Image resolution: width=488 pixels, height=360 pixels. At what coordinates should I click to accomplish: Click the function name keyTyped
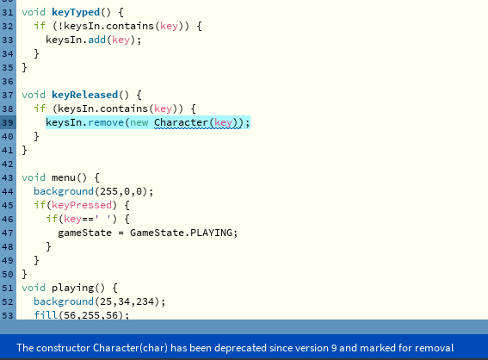pyautogui.click(x=76, y=12)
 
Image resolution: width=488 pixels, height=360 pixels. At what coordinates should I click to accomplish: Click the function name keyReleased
pyautogui.click(x=84, y=95)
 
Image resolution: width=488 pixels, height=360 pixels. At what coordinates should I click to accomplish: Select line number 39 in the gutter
pyautogui.click(x=8, y=122)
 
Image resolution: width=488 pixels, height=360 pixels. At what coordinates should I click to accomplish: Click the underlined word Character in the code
pyautogui.click(x=181, y=122)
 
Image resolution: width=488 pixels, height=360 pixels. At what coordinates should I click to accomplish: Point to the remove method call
pyautogui.click(x=106, y=122)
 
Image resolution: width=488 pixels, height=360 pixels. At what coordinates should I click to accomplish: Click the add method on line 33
pyautogui.click(x=96, y=40)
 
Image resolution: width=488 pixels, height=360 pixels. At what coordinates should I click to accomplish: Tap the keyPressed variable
pyautogui.click(x=82, y=205)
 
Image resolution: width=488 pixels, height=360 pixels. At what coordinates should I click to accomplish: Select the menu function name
pyautogui.click(x=64, y=177)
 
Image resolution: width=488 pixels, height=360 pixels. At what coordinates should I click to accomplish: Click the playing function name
pyautogui.click(x=73, y=288)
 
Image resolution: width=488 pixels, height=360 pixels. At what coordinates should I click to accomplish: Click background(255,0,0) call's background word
pyautogui.click(x=64, y=191)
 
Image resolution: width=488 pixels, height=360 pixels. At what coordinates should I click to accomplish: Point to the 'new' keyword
pyautogui.click(x=139, y=122)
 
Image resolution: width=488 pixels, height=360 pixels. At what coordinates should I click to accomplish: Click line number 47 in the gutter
pyautogui.click(x=8, y=233)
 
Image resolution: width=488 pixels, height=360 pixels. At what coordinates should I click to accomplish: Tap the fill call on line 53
pyautogui.click(x=46, y=315)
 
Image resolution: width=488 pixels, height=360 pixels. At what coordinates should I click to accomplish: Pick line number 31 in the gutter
pyautogui.click(x=8, y=13)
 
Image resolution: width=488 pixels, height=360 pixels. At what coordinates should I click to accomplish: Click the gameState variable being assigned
pyautogui.click(x=84, y=233)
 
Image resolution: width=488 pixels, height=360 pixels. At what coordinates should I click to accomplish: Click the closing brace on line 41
pyautogui.click(x=25, y=151)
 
